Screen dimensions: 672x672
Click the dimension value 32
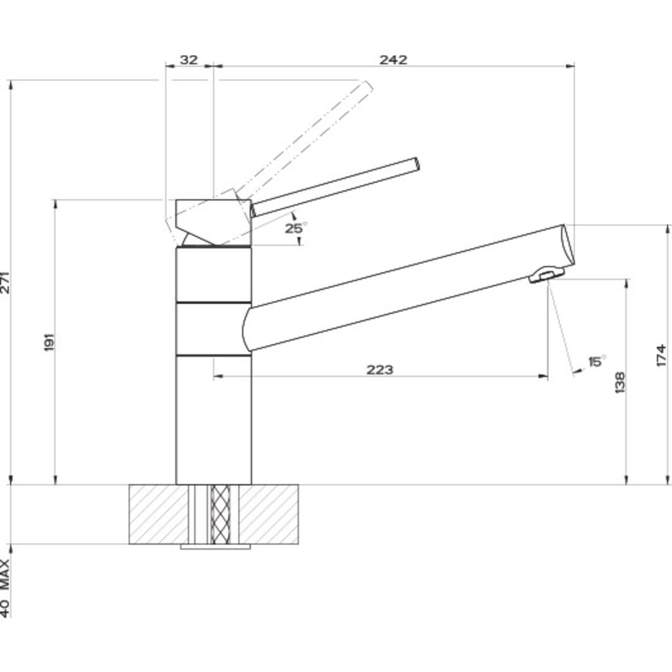[x=188, y=60]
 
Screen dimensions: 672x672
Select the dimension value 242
[x=393, y=60]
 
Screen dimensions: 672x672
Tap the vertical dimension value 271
[x=5, y=283]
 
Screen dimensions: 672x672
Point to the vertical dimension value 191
[x=50, y=342]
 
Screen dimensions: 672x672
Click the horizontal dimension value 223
[x=379, y=370]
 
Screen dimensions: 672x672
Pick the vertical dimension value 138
[x=620, y=382]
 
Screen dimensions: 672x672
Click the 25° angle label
[x=295, y=229]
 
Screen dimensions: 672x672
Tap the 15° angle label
[x=597, y=361]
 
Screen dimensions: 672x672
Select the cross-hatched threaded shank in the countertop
[x=220, y=514]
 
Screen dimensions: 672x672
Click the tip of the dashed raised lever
[x=367, y=88]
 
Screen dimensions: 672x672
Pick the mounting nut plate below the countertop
[x=215, y=547]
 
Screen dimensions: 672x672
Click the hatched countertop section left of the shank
[x=158, y=514]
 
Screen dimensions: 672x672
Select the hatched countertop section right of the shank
[x=269, y=514]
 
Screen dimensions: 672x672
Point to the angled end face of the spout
[x=568, y=246]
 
